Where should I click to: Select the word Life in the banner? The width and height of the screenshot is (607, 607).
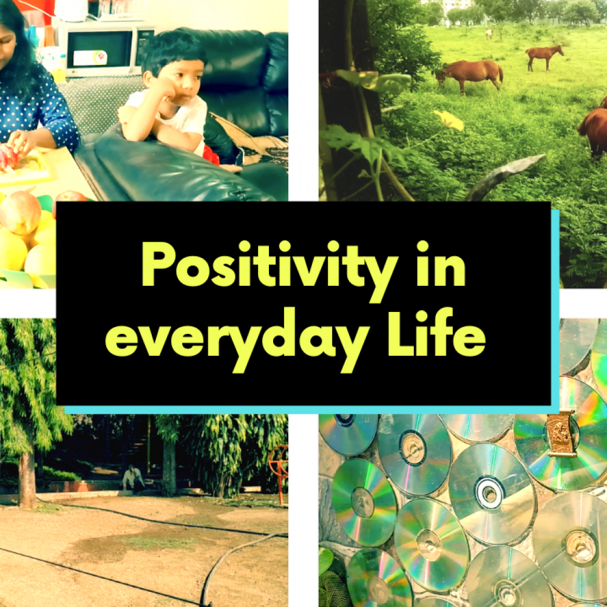(437, 333)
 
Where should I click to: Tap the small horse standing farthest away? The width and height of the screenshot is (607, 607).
(489, 34)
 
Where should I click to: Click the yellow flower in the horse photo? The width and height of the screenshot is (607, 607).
(449, 120)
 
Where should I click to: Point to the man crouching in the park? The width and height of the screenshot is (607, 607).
(133, 480)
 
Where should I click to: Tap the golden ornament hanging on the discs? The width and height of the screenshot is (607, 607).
(560, 433)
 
